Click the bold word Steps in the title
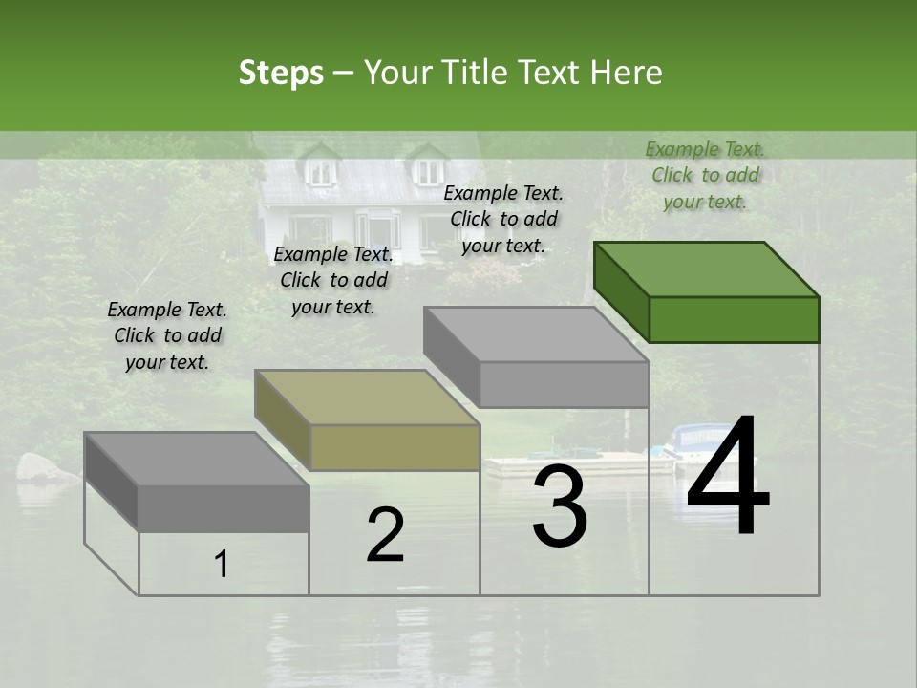coord(281,73)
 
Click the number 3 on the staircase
coord(560,506)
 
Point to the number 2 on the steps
coord(385,535)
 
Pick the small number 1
coord(222,565)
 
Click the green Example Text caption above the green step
coord(705,175)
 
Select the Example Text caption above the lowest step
coord(167,335)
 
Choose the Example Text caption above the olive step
coord(333,280)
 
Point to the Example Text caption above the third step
coord(503,219)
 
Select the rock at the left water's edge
coord(38,467)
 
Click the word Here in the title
coord(627,73)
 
